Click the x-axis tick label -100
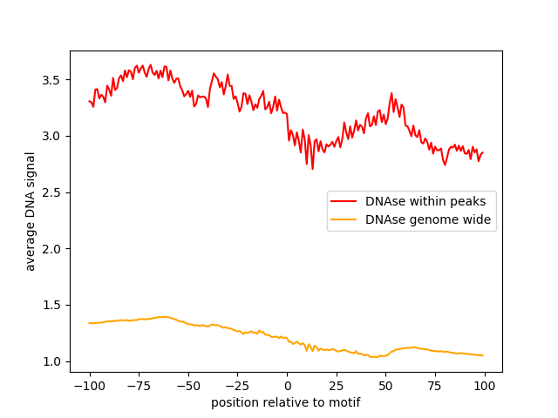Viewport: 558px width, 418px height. click(89, 386)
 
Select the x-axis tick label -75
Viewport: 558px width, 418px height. click(139, 386)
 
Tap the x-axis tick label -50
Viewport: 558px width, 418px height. click(188, 386)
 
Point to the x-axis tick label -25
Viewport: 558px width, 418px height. click(237, 386)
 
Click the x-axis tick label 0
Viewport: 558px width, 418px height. click(287, 386)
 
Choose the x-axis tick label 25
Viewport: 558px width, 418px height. click(337, 386)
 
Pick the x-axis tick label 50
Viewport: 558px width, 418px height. click(386, 386)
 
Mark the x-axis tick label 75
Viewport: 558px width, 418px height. click(435, 386)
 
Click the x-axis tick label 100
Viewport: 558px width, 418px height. click(485, 386)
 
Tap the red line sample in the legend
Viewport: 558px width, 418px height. click(345, 201)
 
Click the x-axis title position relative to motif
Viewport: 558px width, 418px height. click(286, 403)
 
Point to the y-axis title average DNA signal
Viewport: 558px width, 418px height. click(31, 212)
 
